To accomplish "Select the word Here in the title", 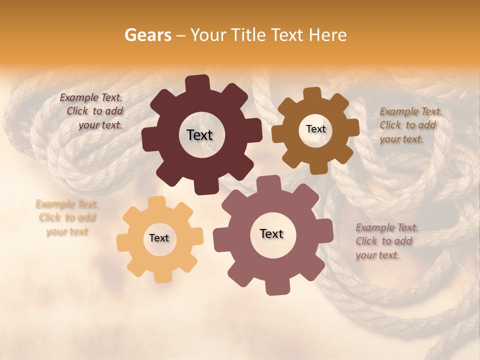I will [x=328, y=35].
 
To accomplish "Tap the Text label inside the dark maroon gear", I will [x=199, y=135].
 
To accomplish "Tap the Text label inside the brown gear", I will [x=315, y=129].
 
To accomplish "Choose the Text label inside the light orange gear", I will [x=159, y=238].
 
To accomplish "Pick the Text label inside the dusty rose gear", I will [x=271, y=233].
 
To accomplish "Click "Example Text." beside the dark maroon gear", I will [x=91, y=98].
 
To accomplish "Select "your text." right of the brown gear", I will [x=401, y=139].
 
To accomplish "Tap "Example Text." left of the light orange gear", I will [x=67, y=204].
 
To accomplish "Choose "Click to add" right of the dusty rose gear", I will [x=384, y=241].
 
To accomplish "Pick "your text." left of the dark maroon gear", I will [x=100, y=125].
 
